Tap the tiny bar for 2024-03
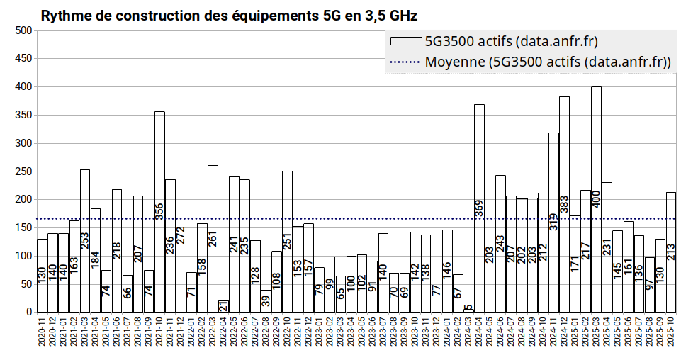(x=468, y=310)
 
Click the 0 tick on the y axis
(x=29, y=312)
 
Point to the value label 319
(x=553, y=222)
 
